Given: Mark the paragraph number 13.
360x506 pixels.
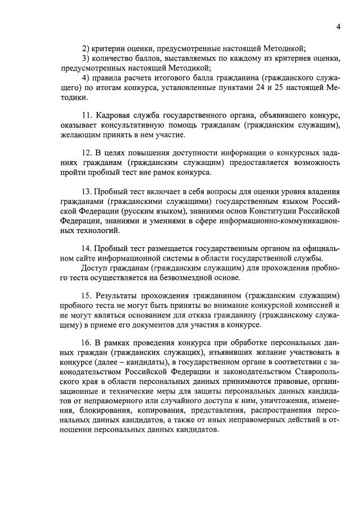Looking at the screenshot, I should [x=87, y=191].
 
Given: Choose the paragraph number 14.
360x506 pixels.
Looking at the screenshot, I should [x=87, y=248].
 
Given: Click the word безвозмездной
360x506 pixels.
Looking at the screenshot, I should [x=181, y=277].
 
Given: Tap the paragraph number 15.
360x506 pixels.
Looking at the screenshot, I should [x=87, y=296].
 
